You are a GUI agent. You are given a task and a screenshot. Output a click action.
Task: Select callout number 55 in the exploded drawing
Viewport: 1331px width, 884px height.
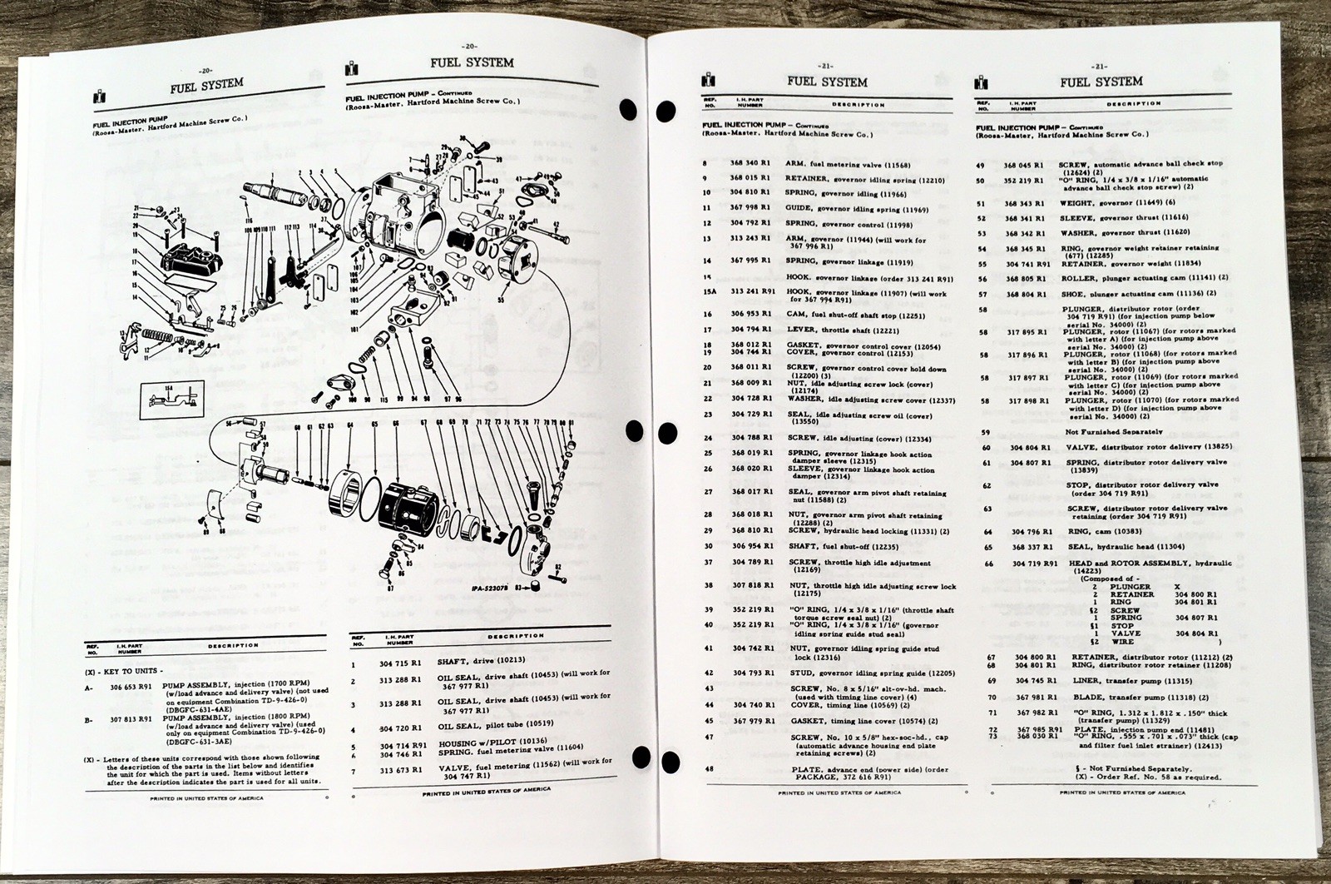500,297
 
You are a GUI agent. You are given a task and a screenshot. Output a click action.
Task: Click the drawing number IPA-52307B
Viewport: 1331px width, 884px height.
487,588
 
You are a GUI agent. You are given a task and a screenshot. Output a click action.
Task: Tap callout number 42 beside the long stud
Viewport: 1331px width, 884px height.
552,226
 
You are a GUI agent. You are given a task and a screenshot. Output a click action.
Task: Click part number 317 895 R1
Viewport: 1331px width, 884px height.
1031,331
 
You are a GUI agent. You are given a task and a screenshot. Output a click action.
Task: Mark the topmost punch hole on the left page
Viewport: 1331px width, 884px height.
631,109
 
